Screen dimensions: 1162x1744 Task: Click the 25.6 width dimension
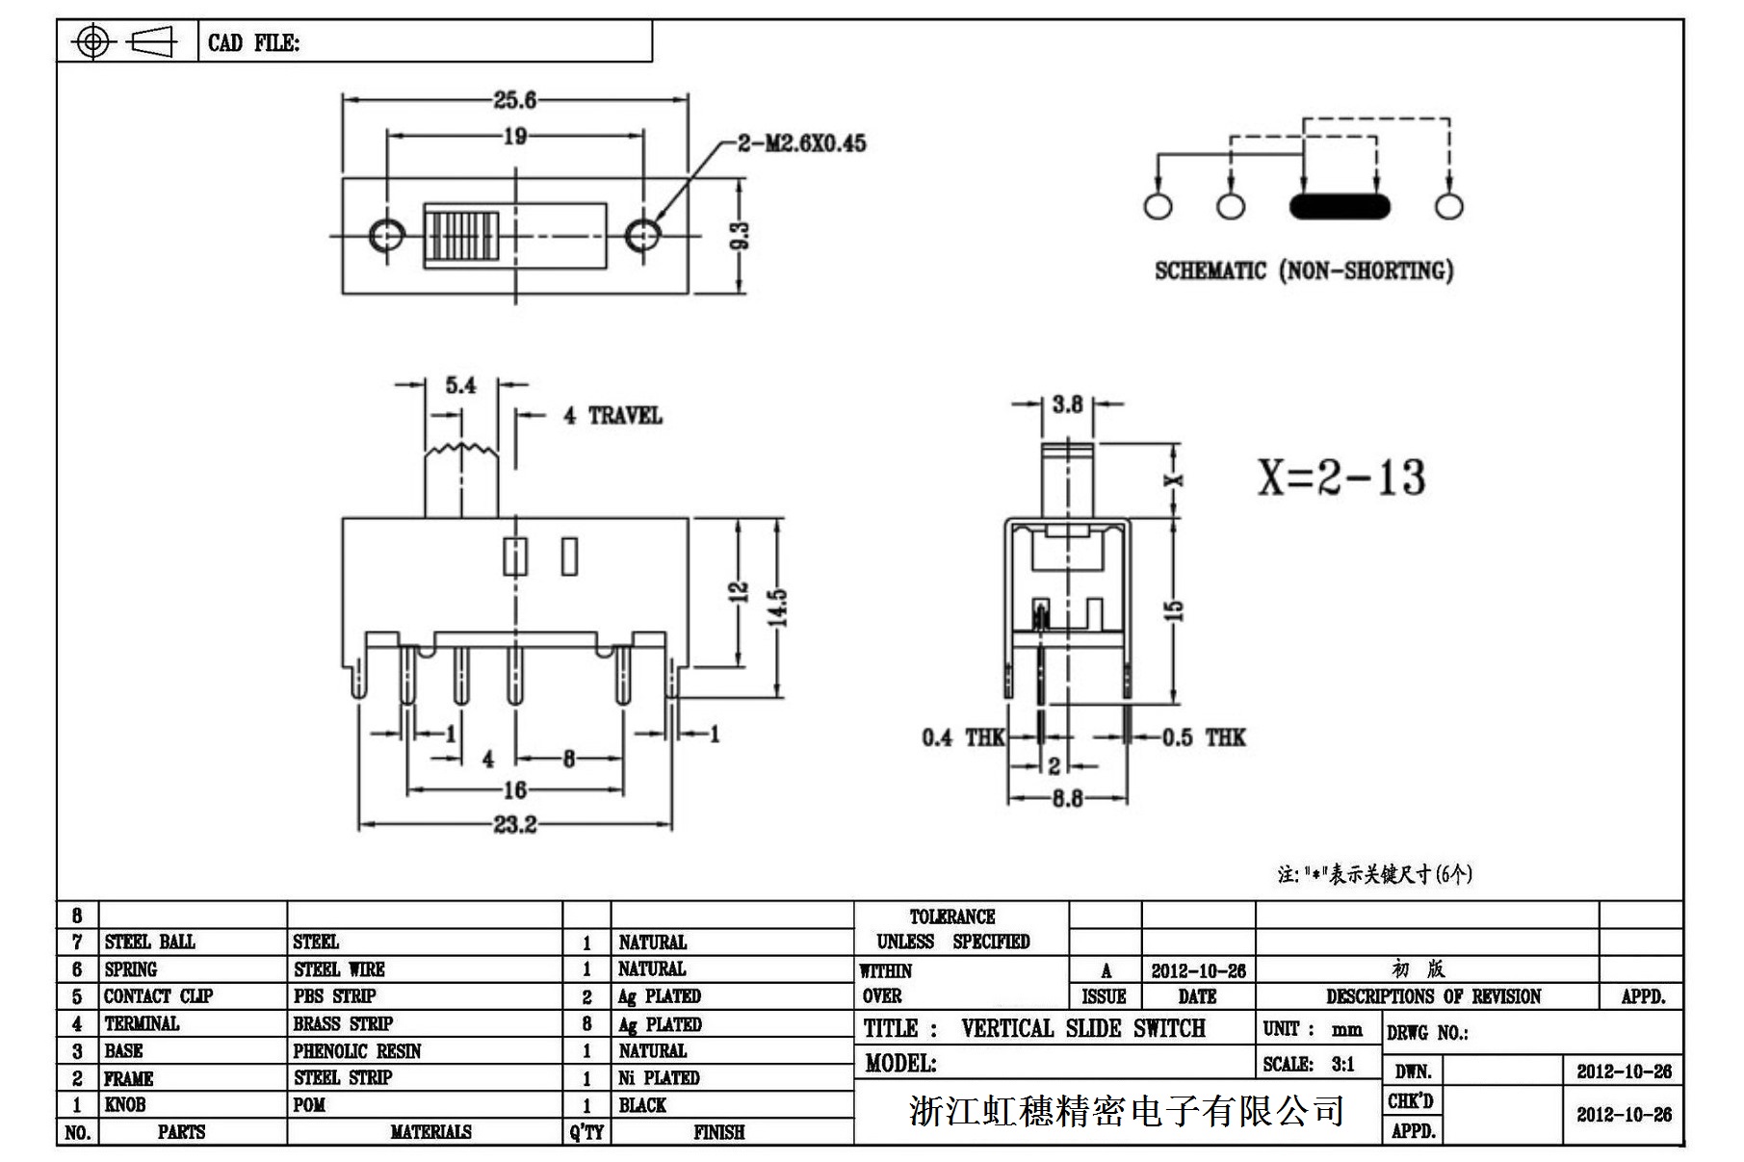[x=514, y=99]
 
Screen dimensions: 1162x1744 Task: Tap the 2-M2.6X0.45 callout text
[x=801, y=143]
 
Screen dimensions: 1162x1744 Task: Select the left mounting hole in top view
[x=386, y=234]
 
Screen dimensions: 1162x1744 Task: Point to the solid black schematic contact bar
[x=1339, y=206]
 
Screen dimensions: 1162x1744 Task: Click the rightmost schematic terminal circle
[x=1448, y=206]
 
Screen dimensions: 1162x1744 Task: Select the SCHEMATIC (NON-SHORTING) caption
[x=1304, y=271]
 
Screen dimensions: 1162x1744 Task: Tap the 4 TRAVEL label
[x=613, y=416]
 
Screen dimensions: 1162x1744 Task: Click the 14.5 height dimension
[x=779, y=607]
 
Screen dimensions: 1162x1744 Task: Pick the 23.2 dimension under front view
[x=514, y=825]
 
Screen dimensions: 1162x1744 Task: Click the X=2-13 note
[x=1341, y=477]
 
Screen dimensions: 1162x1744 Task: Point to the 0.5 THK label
[x=1204, y=737]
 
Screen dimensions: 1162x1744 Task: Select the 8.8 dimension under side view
[x=1067, y=798]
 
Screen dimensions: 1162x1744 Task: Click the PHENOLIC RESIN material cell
[x=357, y=1051]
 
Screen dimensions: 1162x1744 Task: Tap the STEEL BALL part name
[x=149, y=942]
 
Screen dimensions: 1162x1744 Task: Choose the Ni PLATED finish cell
[x=659, y=1078]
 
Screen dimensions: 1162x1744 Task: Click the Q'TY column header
[x=586, y=1132]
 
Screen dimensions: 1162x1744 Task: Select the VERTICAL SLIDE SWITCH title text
[x=1082, y=1028]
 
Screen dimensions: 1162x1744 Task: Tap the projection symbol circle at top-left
[x=92, y=41]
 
